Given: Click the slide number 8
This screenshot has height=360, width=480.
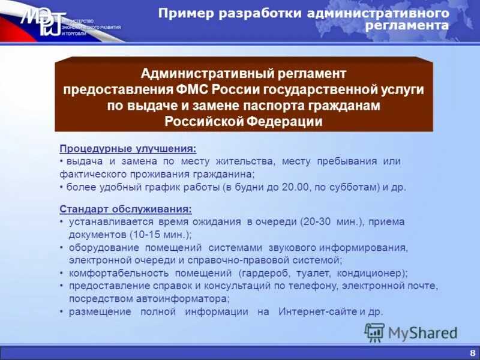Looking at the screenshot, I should tap(472, 352).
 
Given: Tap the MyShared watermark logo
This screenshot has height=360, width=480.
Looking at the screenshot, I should tap(411, 332).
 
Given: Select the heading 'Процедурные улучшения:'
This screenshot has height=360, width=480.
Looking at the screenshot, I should tap(128, 149).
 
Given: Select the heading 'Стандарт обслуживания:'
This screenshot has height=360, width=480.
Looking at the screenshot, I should tap(126, 209).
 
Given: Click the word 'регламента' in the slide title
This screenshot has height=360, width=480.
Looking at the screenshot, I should tap(407, 25).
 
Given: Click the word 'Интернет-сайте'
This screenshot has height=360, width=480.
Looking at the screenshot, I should tap(317, 312).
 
